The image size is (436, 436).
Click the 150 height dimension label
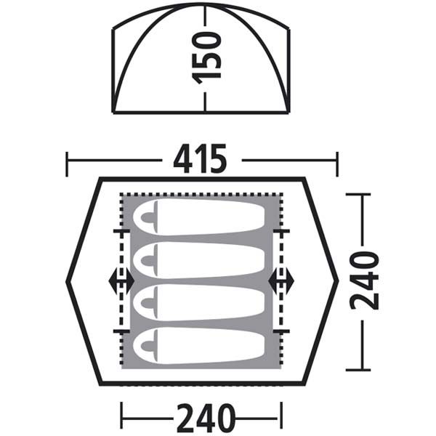[x=206, y=58]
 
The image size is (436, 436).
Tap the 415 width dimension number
[x=200, y=158]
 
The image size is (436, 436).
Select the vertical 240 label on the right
[x=364, y=280]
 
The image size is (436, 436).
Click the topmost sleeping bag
[x=199, y=217]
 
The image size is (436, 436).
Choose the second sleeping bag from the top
[x=199, y=260]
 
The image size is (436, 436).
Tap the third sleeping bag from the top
[x=199, y=302]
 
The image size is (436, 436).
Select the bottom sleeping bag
[x=199, y=346]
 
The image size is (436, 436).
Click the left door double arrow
[x=121, y=281]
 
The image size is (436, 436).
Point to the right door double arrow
[x=281, y=281]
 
